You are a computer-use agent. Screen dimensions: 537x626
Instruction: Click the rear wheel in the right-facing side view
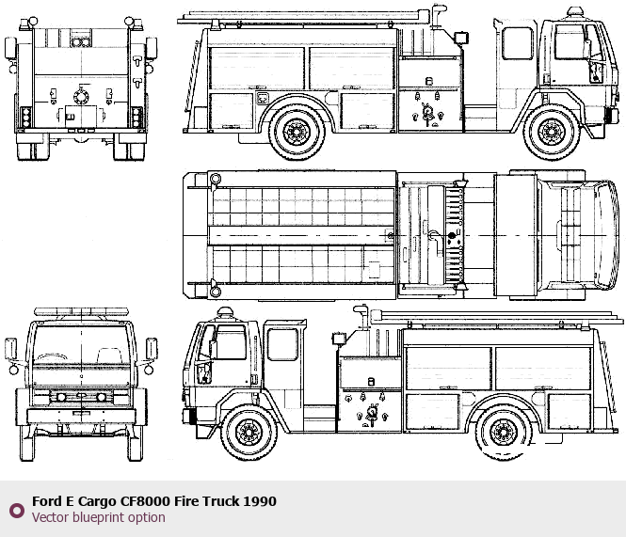tap(297, 132)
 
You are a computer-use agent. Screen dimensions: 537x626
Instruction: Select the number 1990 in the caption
tap(259, 501)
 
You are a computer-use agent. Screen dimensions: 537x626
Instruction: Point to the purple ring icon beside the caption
tap(16, 510)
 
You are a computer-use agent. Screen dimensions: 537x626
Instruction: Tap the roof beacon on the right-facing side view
tap(574, 12)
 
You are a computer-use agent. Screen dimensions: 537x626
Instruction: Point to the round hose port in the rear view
tap(78, 96)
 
